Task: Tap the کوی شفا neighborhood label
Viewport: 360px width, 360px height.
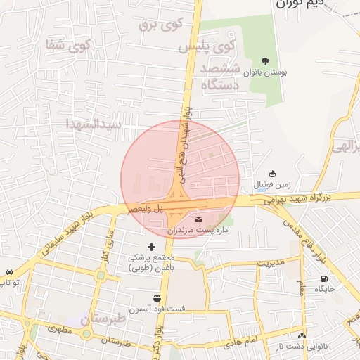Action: (x=68, y=46)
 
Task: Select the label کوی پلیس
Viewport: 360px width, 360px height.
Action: (x=207, y=47)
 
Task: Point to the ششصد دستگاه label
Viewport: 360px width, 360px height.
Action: (x=221, y=77)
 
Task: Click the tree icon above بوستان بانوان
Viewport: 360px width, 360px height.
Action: (x=265, y=61)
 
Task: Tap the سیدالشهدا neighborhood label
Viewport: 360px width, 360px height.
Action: (x=94, y=124)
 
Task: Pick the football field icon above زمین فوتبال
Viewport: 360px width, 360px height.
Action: (x=273, y=174)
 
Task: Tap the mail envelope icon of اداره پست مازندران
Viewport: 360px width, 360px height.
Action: (x=198, y=219)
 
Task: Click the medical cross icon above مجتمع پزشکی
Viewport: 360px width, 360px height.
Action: (x=152, y=246)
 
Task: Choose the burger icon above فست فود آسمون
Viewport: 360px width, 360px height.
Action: (x=155, y=298)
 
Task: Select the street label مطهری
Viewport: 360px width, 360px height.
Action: (x=60, y=328)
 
